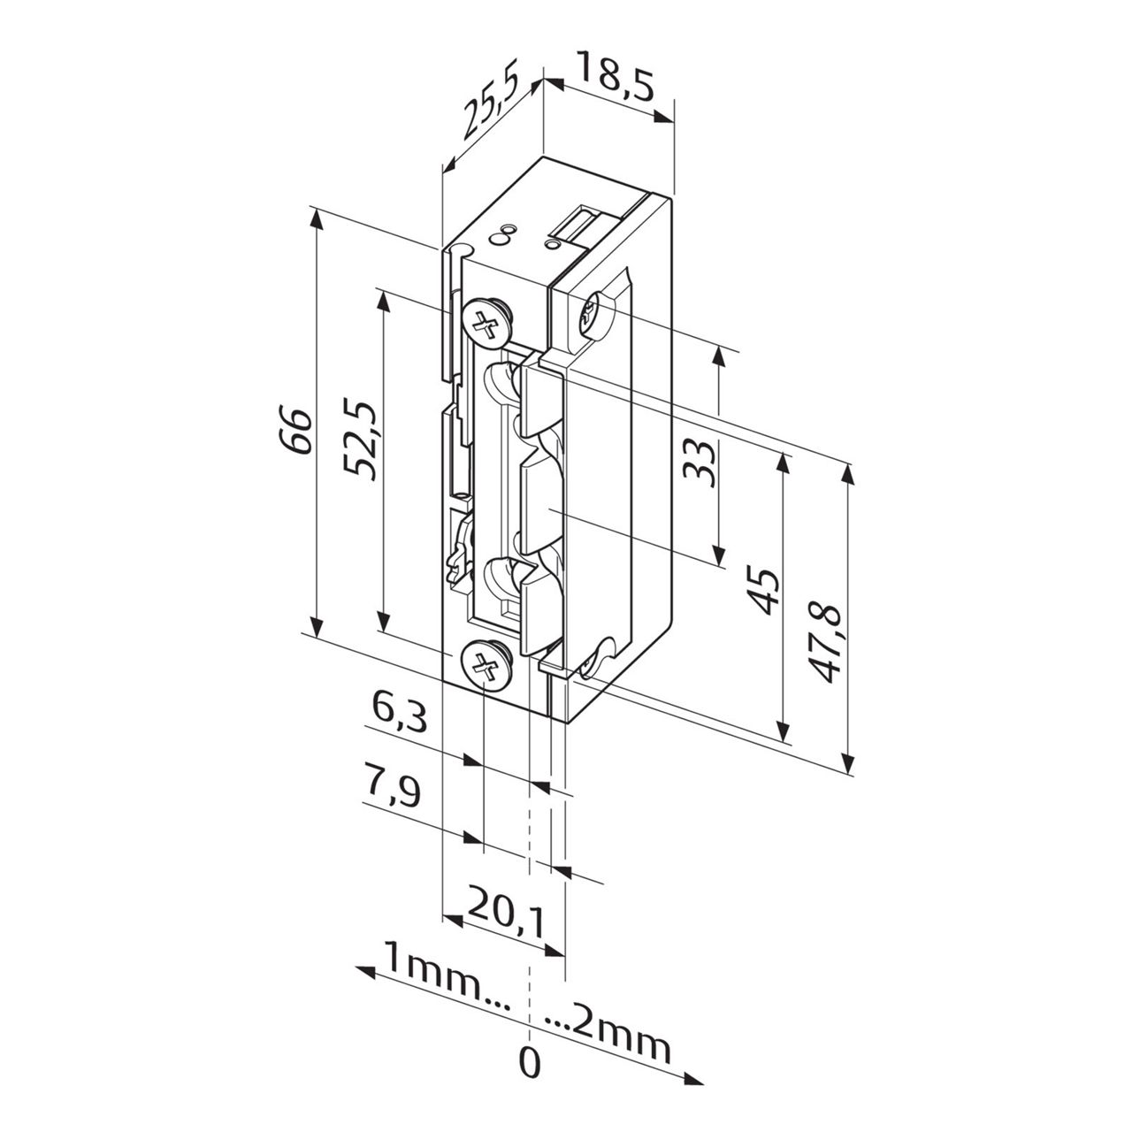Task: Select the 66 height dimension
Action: click(299, 431)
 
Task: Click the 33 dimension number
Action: click(700, 462)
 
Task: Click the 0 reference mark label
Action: click(529, 1063)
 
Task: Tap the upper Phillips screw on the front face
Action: click(486, 322)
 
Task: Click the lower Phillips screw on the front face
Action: click(484, 664)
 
